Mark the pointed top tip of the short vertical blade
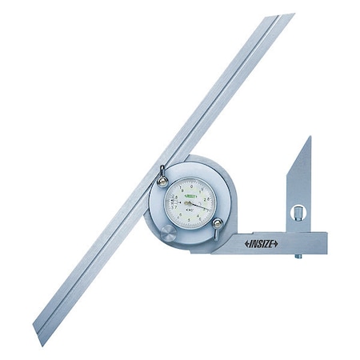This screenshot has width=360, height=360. [308, 138]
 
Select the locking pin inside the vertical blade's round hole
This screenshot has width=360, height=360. [299, 214]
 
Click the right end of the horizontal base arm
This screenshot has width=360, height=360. [324, 242]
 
